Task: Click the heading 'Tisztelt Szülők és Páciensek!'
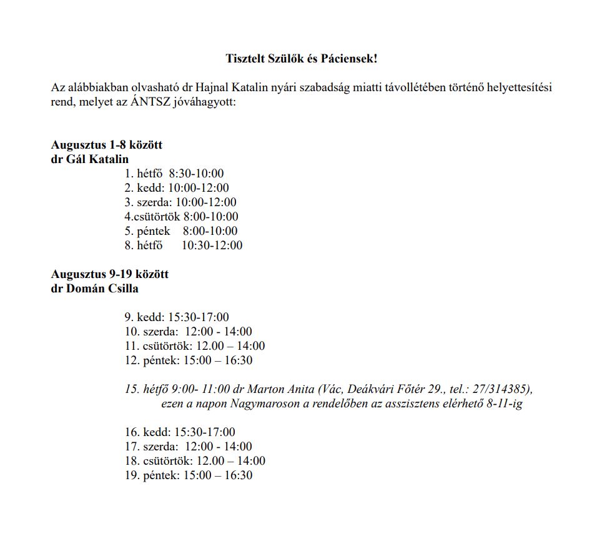(301, 59)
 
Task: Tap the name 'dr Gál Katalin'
(90, 159)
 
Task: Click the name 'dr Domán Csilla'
(95, 289)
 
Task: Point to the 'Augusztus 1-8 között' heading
(107, 145)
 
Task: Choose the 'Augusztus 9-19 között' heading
(110, 274)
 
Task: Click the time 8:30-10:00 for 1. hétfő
(196, 174)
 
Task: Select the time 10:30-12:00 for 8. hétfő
(212, 246)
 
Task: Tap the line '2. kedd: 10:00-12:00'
(177, 188)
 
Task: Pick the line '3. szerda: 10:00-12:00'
(180, 202)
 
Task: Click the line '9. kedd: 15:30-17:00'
(177, 317)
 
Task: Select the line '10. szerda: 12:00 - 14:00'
(189, 332)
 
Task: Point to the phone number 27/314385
(505, 389)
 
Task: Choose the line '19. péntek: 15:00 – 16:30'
(189, 475)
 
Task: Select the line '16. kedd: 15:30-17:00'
(180, 432)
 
